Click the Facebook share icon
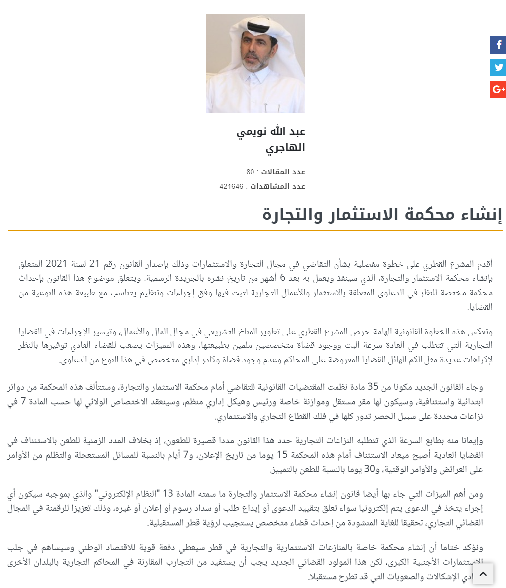pos(498,45)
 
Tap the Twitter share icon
pos(498,68)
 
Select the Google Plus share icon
pos(498,89)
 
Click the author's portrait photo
pos(255,64)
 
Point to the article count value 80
pos(250,172)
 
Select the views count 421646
pos(232,186)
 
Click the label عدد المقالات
pos(283,172)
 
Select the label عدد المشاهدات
pos(279,186)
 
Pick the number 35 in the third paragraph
pos(373,387)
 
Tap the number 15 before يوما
pos(282,454)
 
